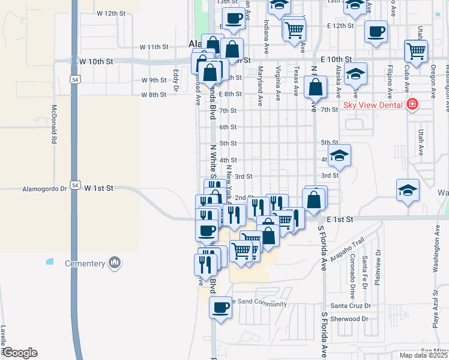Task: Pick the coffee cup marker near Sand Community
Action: click(220, 308)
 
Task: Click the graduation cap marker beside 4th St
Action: click(339, 155)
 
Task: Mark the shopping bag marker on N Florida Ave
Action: click(315, 88)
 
